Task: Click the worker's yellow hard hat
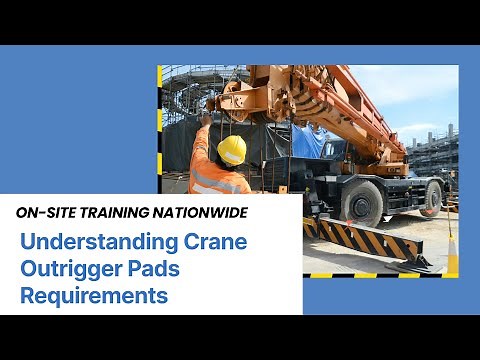pos(231,150)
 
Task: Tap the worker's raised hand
pos(205,120)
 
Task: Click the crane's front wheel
pos(361,203)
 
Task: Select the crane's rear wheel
pos(432,198)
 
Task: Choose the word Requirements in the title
pos(94,295)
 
